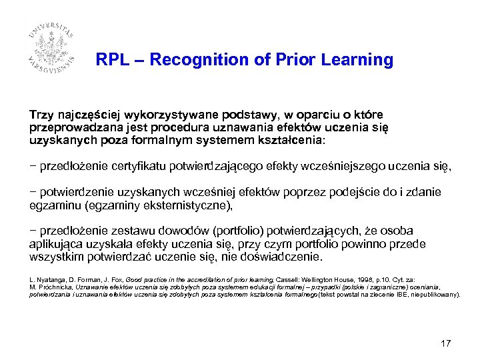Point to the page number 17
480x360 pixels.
click(x=446, y=343)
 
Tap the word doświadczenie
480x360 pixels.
click(x=285, y=257)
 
